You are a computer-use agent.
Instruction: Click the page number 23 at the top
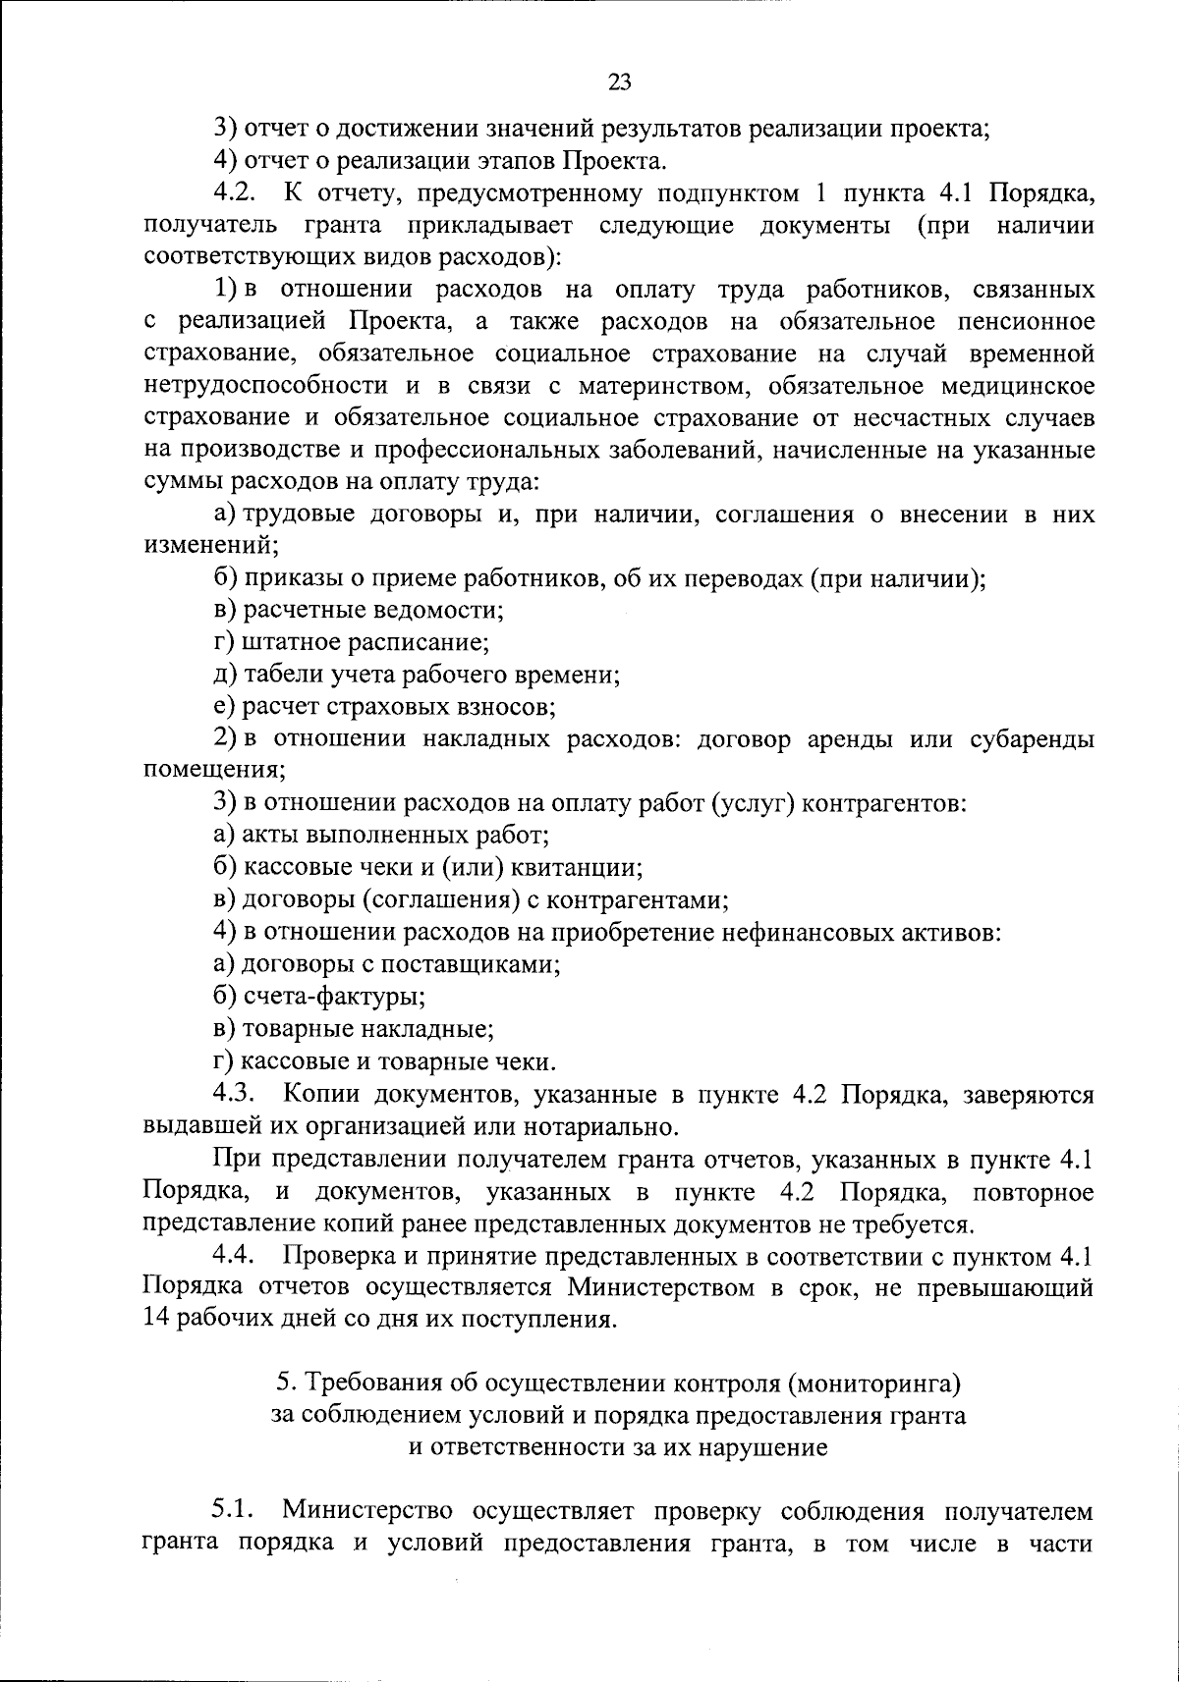pyautogui.click(x=619, y=82)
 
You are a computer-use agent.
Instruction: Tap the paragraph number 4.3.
pyautogui.click(x=233, y=1092)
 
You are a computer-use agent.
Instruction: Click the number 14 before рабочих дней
pyautogui.click(x=156, y=1319)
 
